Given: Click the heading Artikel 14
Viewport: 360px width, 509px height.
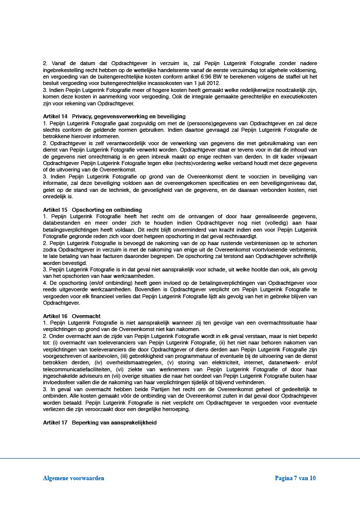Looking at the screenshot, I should [x=55, y=116].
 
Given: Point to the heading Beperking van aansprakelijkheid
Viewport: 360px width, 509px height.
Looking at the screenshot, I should [x=114, y=423].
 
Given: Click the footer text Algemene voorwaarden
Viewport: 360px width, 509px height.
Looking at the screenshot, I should [x=74, y=478].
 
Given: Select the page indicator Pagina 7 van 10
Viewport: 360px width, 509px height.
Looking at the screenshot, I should [x=295, y=478].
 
